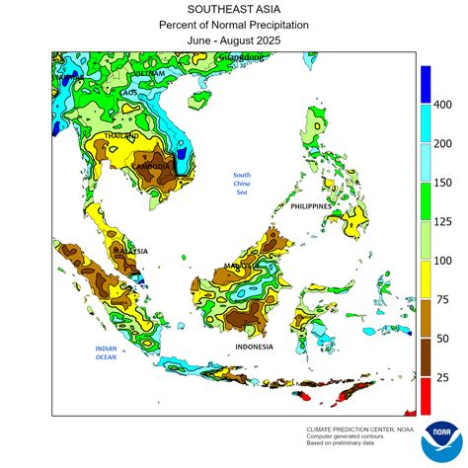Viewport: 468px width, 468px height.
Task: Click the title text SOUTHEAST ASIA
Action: (x=233, y=10)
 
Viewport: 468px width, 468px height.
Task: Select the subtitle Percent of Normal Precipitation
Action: (x=233, y=26)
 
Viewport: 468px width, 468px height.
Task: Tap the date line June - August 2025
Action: (x=233, y=41)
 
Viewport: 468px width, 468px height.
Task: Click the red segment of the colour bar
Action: (x=426, y=395)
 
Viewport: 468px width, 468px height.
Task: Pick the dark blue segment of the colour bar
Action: (x=426, y=85)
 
